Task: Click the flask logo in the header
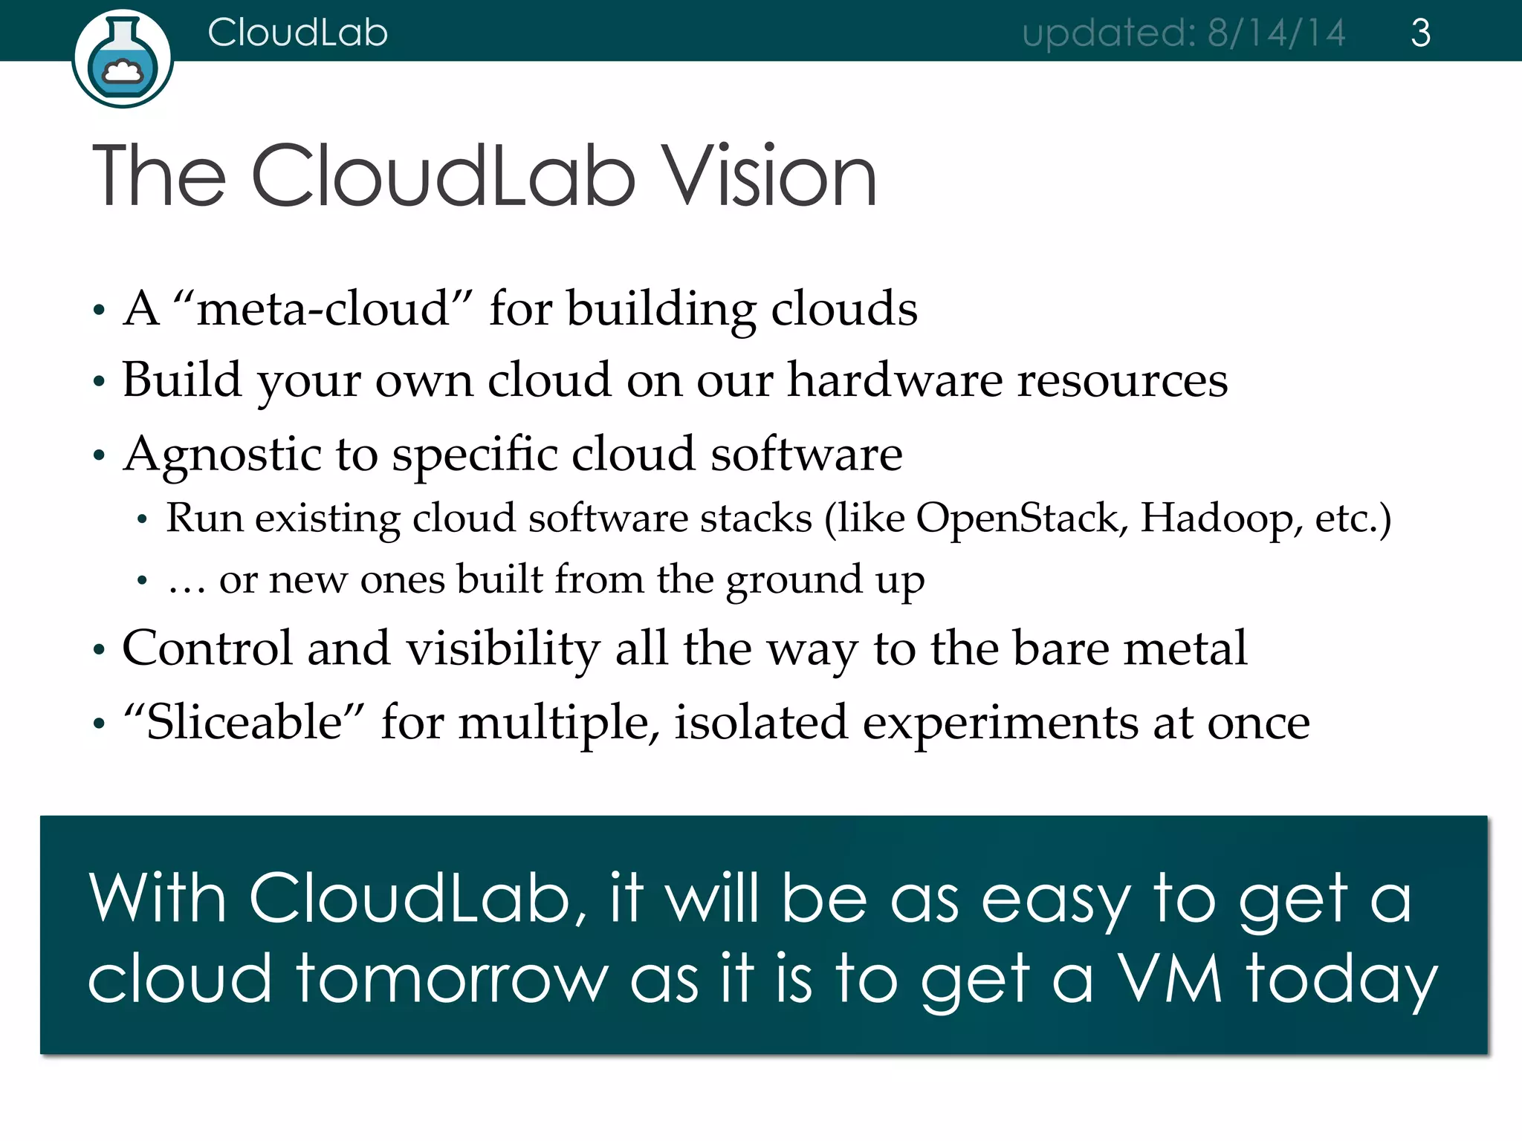click(x=123, y=59)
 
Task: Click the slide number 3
click(x=1420, y=33)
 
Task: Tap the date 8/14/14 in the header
click(x=1276, y=33)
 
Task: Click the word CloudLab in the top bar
click(x=297, y=33)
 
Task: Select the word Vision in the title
click(x=770, y=177)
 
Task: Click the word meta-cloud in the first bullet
click(x=323, y=308)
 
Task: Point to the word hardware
click(x=895, y=380)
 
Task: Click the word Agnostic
click(x=222, y=455)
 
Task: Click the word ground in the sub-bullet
click(x=794, y=580)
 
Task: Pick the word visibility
click(x=503, y=648)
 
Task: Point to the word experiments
click(x=1000, y=723)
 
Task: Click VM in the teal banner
click(x=1169, y=978)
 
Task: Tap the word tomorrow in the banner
click(x=452, y=978)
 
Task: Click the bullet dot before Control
click(x=99, y=651)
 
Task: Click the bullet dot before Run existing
click(x=142, y=520)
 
